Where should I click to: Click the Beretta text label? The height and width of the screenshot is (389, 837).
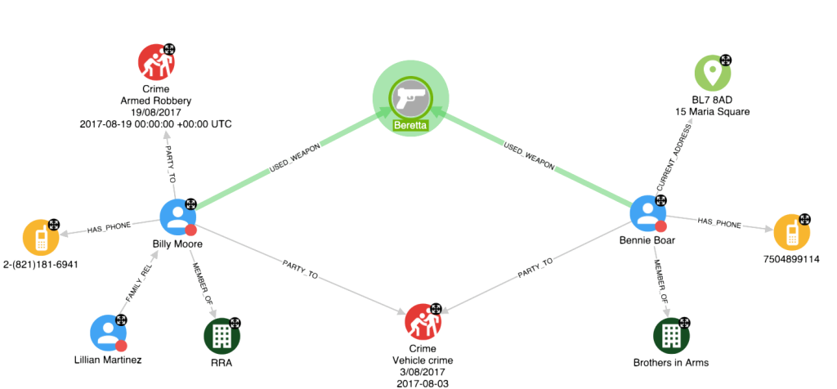pyautogui.click(x=412, y=125)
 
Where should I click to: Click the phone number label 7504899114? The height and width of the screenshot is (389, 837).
pyautogui.click(x=790, y=259)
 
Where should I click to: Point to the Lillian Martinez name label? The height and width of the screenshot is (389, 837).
pyautogui.click(x=109, y=360)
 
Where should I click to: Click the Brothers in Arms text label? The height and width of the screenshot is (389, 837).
pyautogui.click(x=670, y=363)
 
